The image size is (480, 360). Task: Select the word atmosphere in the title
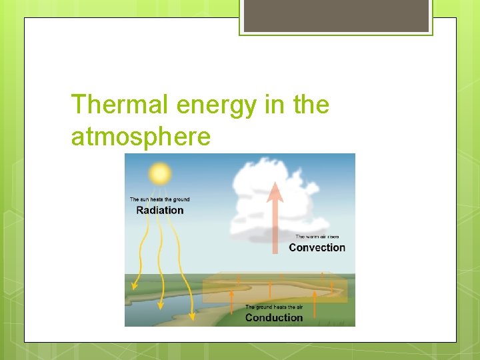point(141,137)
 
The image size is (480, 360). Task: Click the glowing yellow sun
point(160,173)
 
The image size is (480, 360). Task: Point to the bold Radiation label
point(159,210)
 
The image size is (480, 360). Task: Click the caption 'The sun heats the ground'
point(159,199)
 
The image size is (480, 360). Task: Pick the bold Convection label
point(317,247)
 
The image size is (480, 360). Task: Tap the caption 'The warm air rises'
point(317,237)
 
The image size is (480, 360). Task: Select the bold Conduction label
point(273,317)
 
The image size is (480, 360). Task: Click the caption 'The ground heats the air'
point(273,307)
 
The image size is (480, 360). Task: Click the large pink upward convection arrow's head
point(275,191)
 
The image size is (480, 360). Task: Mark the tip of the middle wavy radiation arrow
point(161,307)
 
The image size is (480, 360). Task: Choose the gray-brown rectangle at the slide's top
point(336,15)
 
